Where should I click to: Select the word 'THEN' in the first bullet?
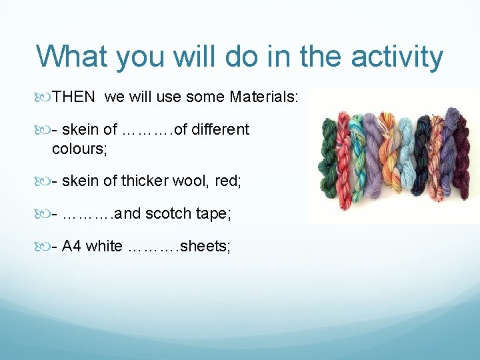click(73, 98)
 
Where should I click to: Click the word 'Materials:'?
click(264, 98)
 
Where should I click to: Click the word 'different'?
click(221, 129)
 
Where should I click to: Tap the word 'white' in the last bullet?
click(104, 247)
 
